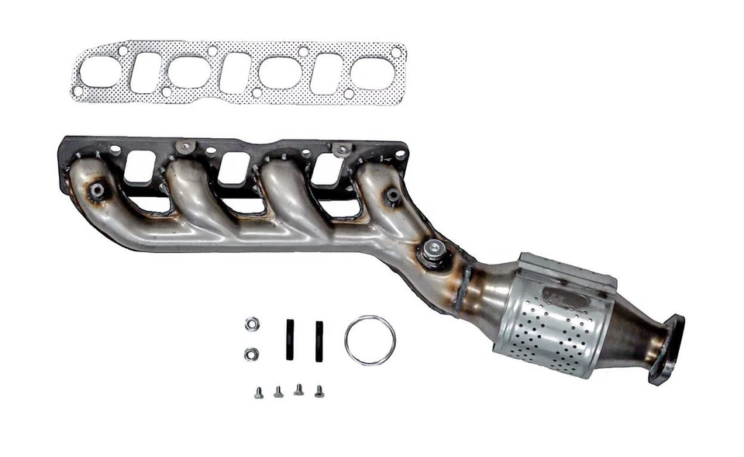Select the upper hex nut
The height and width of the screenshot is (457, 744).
click(x=251, y=324)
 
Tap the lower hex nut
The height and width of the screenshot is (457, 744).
click(x=251, y=354)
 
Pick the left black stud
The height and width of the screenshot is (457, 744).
click(x=290, y=340)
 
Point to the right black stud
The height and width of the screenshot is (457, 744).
click(x=319, y=340)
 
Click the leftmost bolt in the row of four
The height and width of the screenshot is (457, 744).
click(x=258, y=393)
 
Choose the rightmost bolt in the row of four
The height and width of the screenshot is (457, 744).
click(x=319, y=391)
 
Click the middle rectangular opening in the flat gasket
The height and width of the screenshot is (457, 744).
click(x=235, y=73)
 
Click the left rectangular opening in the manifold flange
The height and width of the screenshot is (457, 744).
click(x=139, y=167)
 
